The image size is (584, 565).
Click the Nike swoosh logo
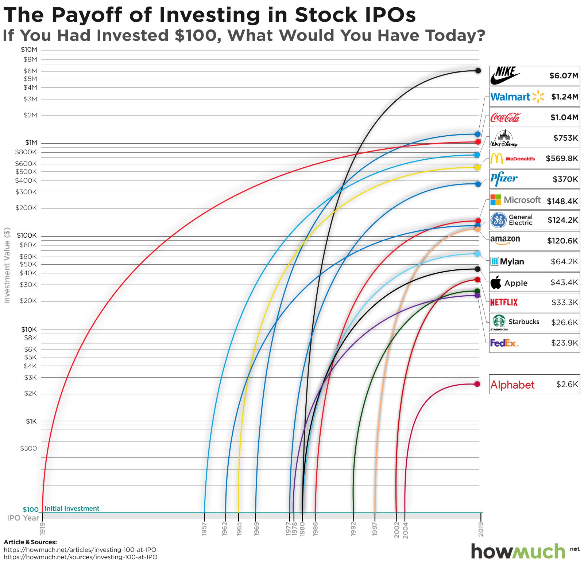pyautogui.click(x=505, y=76)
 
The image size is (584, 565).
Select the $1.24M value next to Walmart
pyautogui.click(x=564, y=97)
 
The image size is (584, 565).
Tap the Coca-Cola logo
pyautogui.click(x=505, y=117)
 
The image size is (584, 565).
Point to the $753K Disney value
pyautogui.click(x=565, y=138)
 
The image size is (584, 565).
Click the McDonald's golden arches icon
pyautogui.click(x=496, y=159)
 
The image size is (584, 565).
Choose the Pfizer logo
pyautogui.click(x=504, y=179)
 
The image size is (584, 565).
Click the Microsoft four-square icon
pyautogui.click(x=496, y=200)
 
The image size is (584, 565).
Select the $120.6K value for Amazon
pyautogui.click(x=562, y=241)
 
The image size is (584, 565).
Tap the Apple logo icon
pyautogui.click(x=496, y=282)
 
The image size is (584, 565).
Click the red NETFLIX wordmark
pyautogui.click(x=504, y=302)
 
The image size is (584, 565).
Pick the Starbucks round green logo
pyautogui.click(x=499, y=321)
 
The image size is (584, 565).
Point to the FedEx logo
pyautogui.click(x=504, y=343)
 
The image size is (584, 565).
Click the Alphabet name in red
pyautogui.click(x=512, y=385)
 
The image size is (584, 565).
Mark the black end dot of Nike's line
pyautogui.click(x=478, y=71)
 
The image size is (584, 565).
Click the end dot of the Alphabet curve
pyautogui.click(x=477, y=384)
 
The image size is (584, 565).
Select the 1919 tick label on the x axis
pyautogui.click(x=42, y=529)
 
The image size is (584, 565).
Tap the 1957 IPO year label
pyautogui.click(x=204, y=529)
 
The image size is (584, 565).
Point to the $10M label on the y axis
pyautogui.click(x=29, y=50)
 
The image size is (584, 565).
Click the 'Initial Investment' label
pyautogui.click(x=72, y=508)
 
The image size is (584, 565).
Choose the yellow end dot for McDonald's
pyautogui.click(x=477, y=167)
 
